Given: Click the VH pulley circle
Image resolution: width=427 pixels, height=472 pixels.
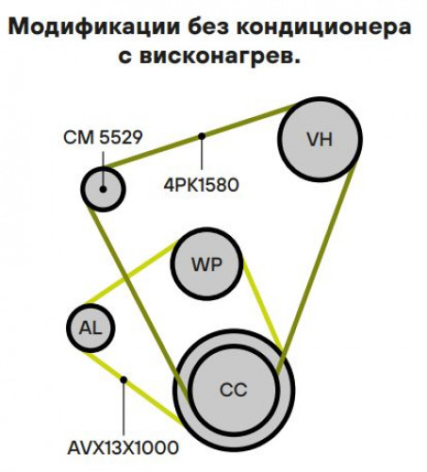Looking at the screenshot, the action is (x=320, y=139).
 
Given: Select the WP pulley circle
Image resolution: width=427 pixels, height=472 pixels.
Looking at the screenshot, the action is (x=206, y=263).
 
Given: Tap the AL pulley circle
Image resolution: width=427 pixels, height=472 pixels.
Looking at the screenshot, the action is (x=90, y=328).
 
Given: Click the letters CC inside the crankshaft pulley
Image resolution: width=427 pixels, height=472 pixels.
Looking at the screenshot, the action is (x=234, y=390).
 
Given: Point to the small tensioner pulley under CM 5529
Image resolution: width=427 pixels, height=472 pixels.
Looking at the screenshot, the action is (x=103, y=189).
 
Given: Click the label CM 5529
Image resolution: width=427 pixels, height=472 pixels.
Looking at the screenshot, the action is (x=103, y=137).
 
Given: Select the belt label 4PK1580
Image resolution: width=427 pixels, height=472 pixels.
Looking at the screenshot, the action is (x=202, y=185).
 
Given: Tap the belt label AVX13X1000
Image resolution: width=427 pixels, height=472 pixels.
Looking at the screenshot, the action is (x=123, y=447).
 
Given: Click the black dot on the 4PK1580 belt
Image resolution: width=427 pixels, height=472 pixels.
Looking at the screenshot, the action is (x=202, y=136).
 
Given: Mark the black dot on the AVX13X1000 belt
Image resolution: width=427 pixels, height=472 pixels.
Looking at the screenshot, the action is (x=123, y=379).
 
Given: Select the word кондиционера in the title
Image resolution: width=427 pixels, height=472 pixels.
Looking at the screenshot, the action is (x=323, y=27).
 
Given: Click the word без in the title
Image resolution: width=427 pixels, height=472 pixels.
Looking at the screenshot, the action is (x=208, y=26).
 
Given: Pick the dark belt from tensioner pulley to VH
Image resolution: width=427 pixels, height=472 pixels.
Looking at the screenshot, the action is (x=200, y=137).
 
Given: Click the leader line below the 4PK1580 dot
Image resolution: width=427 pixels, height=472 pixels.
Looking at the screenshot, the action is (x=202, y=155).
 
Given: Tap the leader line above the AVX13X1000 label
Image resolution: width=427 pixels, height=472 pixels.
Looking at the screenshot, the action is (x=123, y=410).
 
